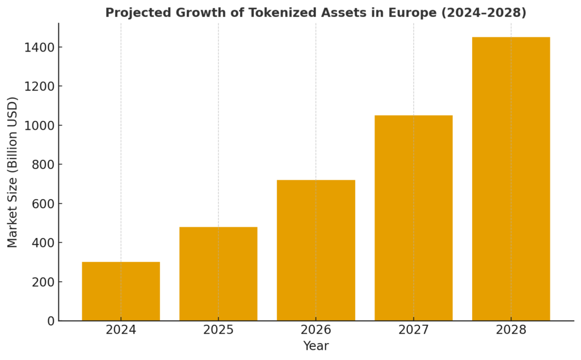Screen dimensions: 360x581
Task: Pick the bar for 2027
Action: pyautogui.click(x=414, y=218)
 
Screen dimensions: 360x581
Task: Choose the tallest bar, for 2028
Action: pyautogui.click(x=511, y=179)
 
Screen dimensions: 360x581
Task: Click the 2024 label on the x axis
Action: pyautogui.click(x=121, y=330)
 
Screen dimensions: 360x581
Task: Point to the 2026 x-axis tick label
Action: pyautogui.click(x=316, y=330)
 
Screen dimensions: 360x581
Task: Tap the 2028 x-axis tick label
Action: pyautogui.click(x=511, y=330)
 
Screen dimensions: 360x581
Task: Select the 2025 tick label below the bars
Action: pyautogui.click(x=218, y=330)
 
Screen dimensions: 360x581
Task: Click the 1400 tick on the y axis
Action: pyautogui.click(x=39, y=47)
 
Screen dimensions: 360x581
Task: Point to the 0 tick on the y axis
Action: pyautogui.click(x=50, y=321)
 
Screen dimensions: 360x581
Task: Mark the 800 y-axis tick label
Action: pyautogui.click(x=43, y=164)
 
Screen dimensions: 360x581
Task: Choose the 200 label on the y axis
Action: pyautogui.click(x=43, y=282)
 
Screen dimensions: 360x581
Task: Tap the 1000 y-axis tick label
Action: pyautogui.click(x=39, y=125)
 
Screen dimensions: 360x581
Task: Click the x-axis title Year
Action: pyautogui.click(x=316, y=346)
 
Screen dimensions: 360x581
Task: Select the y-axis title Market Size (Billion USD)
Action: pyautogui.click(x=12, y=172)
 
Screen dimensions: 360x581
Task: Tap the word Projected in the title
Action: pyautogui.click(x=133, y=12)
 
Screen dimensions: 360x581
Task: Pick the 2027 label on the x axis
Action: pyautogui.click(x=414, y=330)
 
